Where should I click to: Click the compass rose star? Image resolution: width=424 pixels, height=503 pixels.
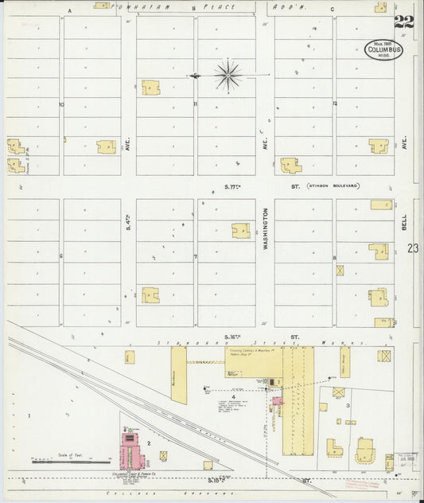(228, 76)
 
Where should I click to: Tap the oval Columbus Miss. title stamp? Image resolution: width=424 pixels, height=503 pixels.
(384, 50)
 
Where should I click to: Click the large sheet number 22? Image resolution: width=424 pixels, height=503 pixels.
(403, 21)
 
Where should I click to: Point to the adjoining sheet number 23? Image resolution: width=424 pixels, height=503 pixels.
(412, 248)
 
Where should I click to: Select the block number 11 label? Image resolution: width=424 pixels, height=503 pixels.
(195, 103)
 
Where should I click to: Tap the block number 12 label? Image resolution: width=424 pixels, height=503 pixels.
(335, 103)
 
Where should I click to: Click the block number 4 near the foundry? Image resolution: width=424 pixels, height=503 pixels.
(234, 396)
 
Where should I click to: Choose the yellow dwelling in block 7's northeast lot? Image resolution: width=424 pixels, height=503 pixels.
(240, 230)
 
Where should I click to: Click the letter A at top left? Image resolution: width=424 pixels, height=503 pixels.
(69, 10)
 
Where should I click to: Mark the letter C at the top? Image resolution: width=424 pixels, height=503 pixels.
(332, 10)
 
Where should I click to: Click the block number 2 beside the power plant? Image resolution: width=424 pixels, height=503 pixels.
(149, 441)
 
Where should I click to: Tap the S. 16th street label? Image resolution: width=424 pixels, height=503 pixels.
(232, 337)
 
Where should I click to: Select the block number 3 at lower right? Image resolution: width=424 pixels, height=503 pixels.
(348, 405)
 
